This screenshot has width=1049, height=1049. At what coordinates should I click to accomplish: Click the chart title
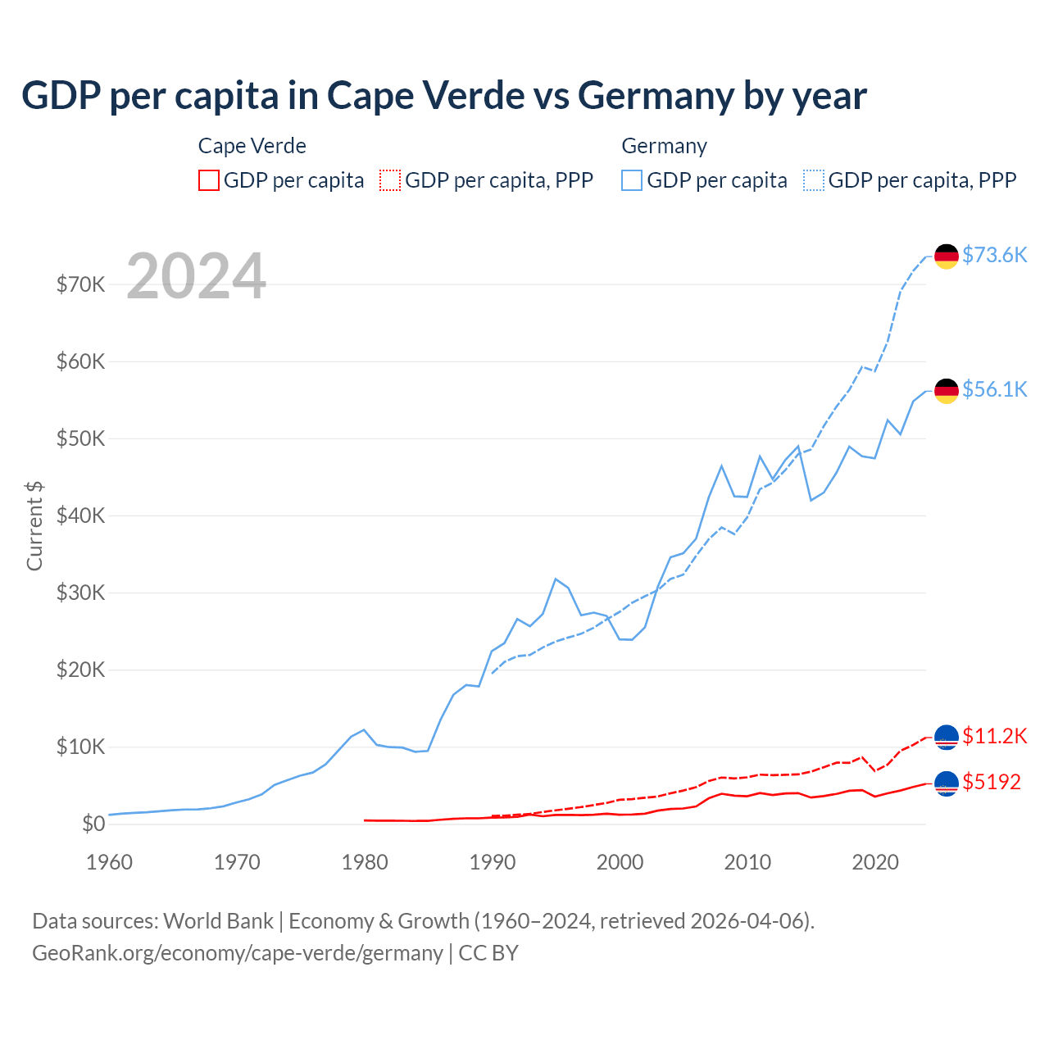coord(443,96)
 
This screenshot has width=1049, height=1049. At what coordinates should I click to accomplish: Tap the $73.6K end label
coord(994,255)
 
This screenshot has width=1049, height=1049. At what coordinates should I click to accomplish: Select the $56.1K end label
coord(994,389)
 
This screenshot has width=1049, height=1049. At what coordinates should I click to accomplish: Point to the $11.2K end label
coord(994,736)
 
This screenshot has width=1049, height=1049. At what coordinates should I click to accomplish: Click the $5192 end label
coord(992,782)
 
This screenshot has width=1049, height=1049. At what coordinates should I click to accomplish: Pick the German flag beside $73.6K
coord(947,257)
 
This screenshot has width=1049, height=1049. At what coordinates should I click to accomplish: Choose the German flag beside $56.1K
coord(947,391)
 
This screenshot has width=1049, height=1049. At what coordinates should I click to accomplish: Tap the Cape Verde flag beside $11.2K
coord(947,738)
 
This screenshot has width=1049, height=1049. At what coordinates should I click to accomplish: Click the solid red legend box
coord(209,180)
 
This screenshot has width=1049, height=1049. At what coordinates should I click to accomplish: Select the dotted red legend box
coord(390,180)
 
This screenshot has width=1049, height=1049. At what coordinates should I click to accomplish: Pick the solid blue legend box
coord(632,180)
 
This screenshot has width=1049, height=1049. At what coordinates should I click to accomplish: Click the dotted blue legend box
coord(814,180)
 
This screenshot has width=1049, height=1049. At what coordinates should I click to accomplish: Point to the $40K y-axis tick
coord(80,515)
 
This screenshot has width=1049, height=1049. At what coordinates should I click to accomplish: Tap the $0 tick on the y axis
coord(93,824)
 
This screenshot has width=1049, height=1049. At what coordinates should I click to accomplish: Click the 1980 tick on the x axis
coord(365,862)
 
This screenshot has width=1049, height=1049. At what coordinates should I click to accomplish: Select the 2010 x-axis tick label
coord(747,862)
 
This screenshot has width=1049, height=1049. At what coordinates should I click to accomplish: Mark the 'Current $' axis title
coord(34,526)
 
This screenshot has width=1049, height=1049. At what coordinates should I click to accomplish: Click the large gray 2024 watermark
coord(197,276)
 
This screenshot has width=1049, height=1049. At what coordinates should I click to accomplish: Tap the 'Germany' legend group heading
coord(664,146)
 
